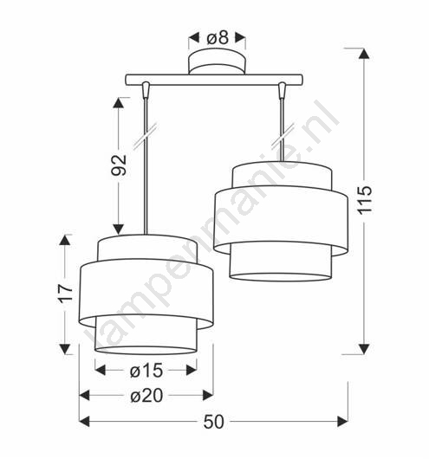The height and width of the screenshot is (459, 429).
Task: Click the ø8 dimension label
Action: [x=218, y=38]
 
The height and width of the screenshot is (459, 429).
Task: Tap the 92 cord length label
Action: [x=119, y=165]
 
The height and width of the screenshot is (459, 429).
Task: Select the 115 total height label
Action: [x=365, y=199]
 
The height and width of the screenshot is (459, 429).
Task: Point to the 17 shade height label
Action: [x=65, y=294]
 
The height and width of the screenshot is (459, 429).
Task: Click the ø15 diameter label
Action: [x=146, y=371]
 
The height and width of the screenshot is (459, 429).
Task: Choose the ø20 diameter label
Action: [x=146, y=396]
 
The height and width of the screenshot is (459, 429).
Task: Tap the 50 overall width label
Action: [x=213, y=422]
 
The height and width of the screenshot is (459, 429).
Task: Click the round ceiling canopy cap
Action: [x=218, y=62]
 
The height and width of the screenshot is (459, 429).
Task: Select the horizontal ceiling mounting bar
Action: [x=214, y=80]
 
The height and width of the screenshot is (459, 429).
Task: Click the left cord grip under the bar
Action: [x=146, y=89]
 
